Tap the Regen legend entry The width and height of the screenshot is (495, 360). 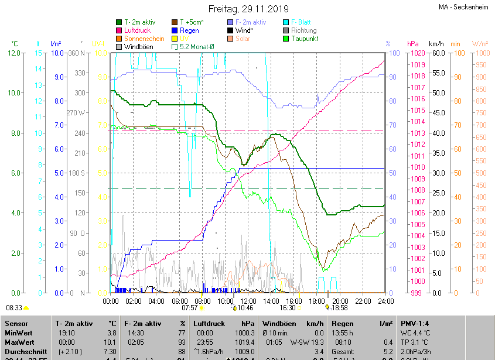(189, 30)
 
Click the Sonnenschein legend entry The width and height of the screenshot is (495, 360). (144, 39)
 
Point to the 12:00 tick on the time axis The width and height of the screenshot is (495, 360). (248, 301)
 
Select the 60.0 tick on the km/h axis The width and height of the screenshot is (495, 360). (436, 53)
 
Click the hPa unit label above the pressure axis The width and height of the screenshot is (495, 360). (413, 44)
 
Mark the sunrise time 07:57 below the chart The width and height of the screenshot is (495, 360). (190, 307)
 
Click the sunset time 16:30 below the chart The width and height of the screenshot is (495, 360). (288, 307)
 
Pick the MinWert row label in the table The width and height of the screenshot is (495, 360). (19, 332)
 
